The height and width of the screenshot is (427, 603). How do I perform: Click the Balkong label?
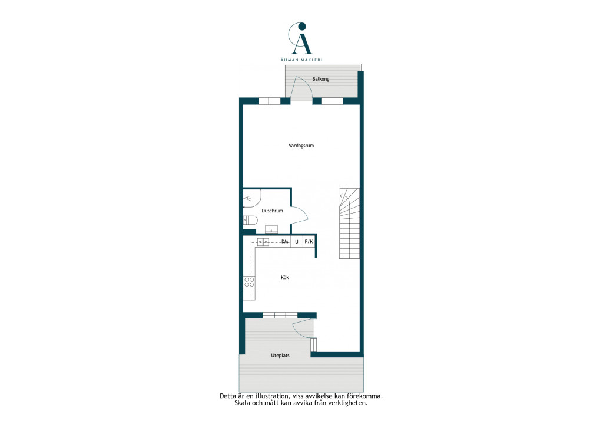tap(321, 79)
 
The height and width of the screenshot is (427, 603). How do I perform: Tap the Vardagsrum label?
tap(301, 146)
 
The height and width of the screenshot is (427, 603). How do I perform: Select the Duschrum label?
tap(272, 211)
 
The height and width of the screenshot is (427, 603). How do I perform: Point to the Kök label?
tap(284, 277)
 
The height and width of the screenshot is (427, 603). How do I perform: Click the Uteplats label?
tap(280, 356)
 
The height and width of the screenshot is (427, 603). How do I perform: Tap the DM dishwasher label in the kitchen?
tap(285, 241)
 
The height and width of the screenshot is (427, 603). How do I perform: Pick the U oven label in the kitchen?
tap(297, 242)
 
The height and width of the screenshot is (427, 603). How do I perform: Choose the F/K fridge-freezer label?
tap(309, 241)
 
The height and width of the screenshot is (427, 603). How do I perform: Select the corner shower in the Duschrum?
tap(252, 198)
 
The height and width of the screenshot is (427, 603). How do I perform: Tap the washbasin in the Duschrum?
tap(271, 229)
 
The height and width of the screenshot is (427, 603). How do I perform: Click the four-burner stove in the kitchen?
tap(249, 283)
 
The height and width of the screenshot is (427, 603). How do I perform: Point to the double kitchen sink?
tap(263, 242)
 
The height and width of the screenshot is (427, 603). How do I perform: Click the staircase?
tap(349, 223)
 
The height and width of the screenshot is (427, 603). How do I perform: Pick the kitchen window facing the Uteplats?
tap(280, 316)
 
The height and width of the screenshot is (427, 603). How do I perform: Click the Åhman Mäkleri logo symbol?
tap(301, 38)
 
